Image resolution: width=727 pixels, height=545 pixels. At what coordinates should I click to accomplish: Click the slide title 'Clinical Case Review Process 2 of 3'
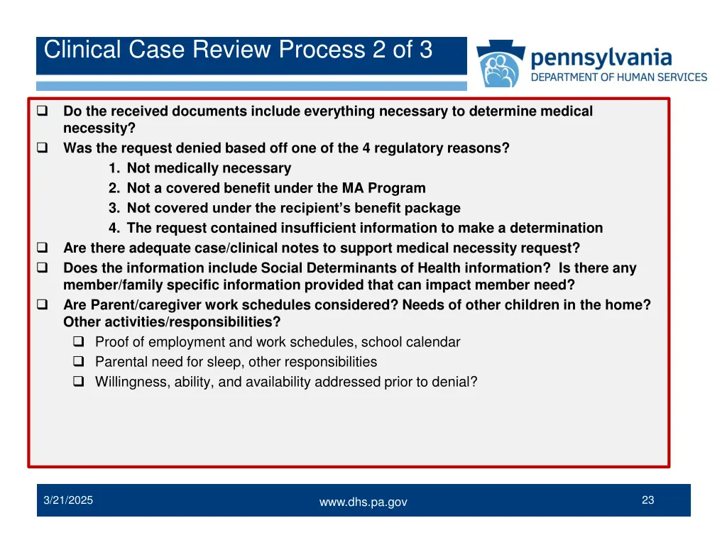pyautogui.click(x=238, y=50)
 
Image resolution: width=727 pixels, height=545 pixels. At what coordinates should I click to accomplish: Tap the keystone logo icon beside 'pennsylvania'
pyautogui.click(x=501, y=65)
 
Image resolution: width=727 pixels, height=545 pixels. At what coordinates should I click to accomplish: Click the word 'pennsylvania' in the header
pyautogui.click(x=601, y=57)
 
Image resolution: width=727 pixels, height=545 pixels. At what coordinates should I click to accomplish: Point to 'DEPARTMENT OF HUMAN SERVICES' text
pyautogui.click(x=619, y=77)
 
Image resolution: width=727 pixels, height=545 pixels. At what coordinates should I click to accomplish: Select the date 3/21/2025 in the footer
pyautogui.click(x=68, y=500)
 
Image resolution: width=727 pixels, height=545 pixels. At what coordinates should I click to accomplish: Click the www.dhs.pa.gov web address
pyautogui.click(x=363, y=502)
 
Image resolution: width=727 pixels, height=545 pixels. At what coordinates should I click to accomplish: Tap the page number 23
pyautogui.click(x=647, y=500)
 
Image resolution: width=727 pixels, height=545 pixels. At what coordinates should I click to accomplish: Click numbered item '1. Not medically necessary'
pyautogui.click(x=199, y=168)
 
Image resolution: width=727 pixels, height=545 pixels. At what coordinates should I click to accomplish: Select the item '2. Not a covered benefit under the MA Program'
pyautogui.click(x=267, y=188)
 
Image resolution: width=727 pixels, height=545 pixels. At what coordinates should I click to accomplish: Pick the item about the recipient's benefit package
pyautogui.click(x=284, y=208)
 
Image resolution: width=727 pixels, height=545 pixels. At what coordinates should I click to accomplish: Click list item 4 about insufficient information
pyautogui.click(x=355, y=228)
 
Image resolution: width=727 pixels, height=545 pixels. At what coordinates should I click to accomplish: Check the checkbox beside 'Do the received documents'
pyautogui.click(x=42, y=111)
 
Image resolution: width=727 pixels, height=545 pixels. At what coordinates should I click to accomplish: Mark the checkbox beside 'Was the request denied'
pyautogui.click(x=42, y=148)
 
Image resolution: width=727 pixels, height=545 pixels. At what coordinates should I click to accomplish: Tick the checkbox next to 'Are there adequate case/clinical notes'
pyautogui.click(x=42, y=248)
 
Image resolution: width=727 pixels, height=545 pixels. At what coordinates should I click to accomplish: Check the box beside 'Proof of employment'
pyautogui.click(x=79, y=342)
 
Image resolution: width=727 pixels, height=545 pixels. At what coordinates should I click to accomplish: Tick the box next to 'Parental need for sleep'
pyautogui.click(x=79, y=362)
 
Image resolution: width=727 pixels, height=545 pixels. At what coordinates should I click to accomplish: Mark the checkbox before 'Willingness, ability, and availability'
pyautogui.click(x=79, y=382)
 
